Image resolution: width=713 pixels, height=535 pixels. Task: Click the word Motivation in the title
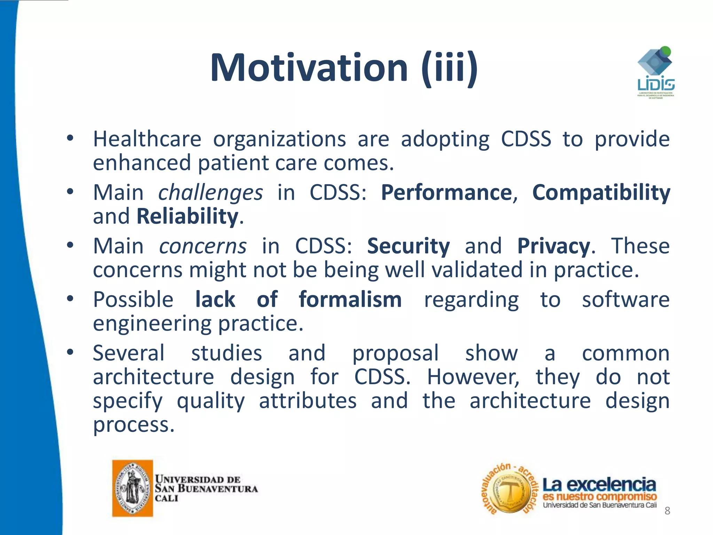point(309,68)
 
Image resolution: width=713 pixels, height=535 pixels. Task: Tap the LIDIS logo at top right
point(656,73)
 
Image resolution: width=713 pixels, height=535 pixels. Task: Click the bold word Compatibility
point(601,192)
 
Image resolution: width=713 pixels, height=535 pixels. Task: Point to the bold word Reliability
point(187,216)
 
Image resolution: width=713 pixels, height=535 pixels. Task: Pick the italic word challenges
point(210,192)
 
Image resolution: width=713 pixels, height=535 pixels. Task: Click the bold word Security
point(408,246)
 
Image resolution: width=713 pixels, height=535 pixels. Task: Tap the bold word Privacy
point(554,246)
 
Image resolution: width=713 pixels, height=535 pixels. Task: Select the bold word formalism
point(350,300)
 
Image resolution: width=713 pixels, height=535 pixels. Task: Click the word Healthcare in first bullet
point(147,139)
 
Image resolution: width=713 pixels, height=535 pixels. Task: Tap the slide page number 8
point(667,511)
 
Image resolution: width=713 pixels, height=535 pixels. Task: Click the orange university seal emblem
point(133,488)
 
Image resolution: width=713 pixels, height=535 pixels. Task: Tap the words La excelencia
point(599,484)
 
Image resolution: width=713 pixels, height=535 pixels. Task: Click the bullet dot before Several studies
point(70,352)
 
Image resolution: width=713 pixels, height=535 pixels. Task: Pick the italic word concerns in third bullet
point(203,246)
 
